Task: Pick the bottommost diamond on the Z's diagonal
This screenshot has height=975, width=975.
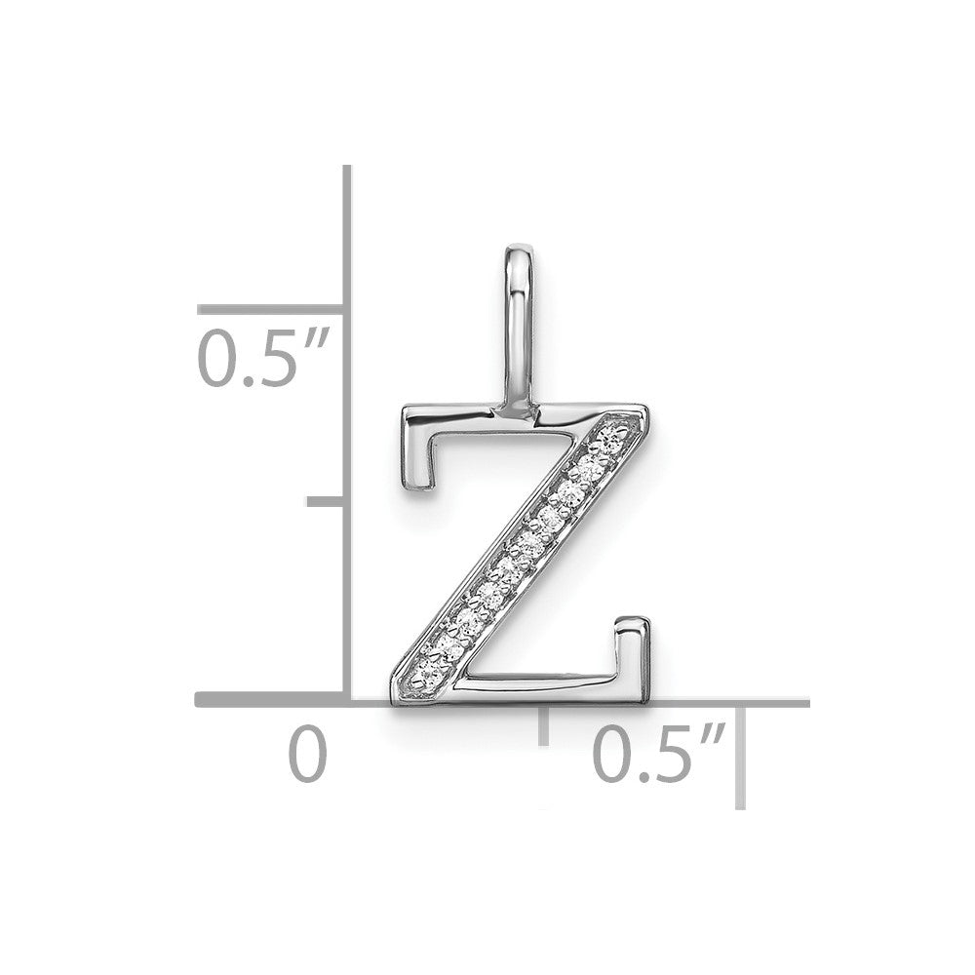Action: pyautogui.click(x=430, y=671)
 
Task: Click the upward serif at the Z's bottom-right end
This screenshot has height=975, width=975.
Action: pyautogui.click(x=633, y=652)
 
